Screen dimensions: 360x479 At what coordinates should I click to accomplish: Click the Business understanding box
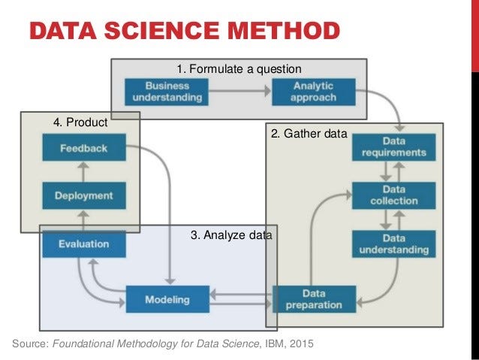167,92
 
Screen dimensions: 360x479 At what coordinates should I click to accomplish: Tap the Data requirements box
393,146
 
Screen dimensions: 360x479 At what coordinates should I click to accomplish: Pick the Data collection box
393,195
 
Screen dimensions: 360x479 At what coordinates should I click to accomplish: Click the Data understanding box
393,244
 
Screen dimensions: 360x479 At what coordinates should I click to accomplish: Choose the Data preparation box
313,298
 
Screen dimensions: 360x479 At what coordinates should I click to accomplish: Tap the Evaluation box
83,244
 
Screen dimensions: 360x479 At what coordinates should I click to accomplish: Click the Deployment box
83,196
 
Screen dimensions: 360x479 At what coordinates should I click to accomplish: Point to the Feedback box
83,148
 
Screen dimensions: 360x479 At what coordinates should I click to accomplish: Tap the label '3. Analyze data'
230,235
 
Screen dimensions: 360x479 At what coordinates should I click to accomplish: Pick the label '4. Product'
80,122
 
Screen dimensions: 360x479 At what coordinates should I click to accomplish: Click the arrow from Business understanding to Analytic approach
239,92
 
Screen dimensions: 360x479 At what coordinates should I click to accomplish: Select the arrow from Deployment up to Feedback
83,172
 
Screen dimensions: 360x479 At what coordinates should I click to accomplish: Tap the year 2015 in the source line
299,344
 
